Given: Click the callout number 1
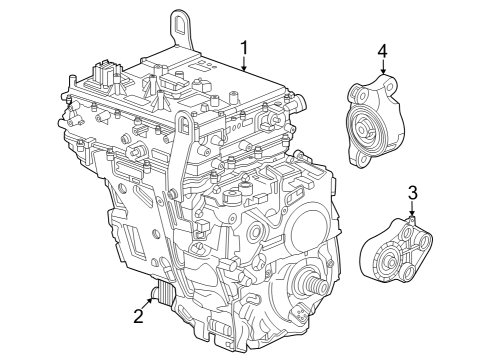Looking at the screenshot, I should [243, 47].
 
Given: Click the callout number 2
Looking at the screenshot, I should [139, 317].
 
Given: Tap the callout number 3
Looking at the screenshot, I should [411, 192].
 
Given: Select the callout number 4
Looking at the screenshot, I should [382, 50].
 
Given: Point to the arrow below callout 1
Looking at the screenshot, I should [243, 65].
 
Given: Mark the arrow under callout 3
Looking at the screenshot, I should [411, 209].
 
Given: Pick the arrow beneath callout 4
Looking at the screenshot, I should [382, 68].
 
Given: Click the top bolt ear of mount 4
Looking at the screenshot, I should [382, 78].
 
